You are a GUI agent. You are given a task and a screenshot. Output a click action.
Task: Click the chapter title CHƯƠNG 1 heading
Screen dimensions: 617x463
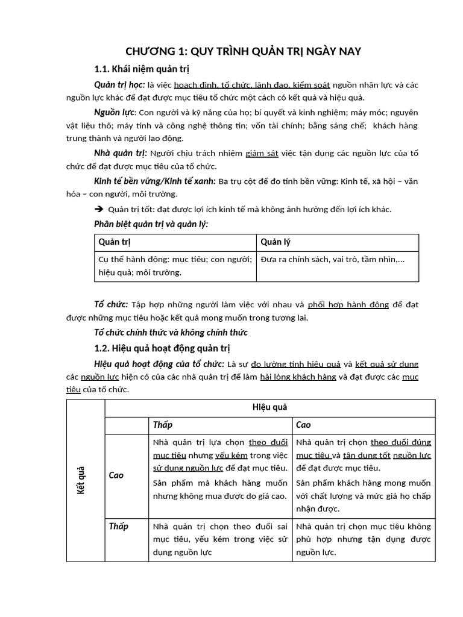tap(242, 51)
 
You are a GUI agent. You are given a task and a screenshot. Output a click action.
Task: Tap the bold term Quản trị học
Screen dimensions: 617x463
tap(119, 85)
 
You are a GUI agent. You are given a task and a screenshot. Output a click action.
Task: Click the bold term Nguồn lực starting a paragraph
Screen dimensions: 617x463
tap(115, 113)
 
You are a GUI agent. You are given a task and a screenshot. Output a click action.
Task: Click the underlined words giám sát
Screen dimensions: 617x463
tap(262, 154)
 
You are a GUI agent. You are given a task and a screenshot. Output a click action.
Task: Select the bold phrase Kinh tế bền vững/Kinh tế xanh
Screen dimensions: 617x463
tap(155, 181)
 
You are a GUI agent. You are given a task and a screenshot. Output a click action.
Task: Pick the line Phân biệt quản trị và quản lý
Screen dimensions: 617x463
tap(151, 224)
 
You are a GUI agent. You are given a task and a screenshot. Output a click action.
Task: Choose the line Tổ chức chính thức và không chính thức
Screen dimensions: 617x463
tap(171, 333)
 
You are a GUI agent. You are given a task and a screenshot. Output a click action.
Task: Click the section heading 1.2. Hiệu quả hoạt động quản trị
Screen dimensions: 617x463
tap(162, 348)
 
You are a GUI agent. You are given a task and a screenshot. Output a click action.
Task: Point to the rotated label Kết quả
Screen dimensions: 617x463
tap(81, 480)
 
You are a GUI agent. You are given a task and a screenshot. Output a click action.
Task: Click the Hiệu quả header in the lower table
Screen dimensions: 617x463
tap(270, 408)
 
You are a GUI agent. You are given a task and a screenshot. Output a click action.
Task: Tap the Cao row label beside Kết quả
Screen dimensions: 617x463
tap(116, 475)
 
